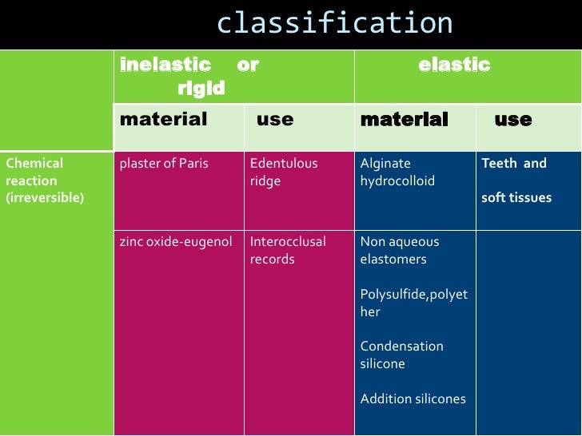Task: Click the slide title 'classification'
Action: coord(334,23)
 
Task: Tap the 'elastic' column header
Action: coord(454,65)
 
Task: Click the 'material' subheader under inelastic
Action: coord(163,120)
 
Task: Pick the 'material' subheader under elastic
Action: coord(405,120)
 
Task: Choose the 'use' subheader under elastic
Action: coord(513,120)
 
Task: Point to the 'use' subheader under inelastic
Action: coord(275,120)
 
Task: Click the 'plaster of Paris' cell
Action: coord(164,164)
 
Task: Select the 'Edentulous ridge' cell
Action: coord(284,172)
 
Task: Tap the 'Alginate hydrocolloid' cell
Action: coord(397,172)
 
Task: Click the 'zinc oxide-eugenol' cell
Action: coord(176,242)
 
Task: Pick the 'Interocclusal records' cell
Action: coord(288,250)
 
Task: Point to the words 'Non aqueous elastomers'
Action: coord(400,250)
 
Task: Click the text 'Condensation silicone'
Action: coord(402,355)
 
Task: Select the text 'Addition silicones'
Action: coord(413,398)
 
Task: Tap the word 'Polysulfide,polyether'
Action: coord(414,303)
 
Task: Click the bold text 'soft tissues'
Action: coord(516,197)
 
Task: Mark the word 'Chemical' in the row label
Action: coord(34,164)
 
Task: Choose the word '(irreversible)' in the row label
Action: coord(45,197)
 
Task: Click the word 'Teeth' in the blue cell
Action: coord(500,164)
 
